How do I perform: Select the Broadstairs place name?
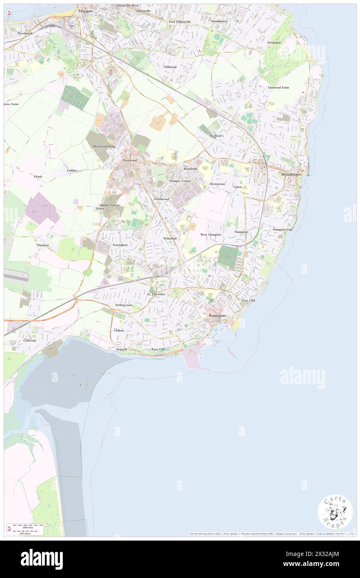(291, 174)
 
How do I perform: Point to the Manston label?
(43, 245)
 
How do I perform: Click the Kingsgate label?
(274, 42)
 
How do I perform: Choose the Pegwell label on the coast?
(121, 350)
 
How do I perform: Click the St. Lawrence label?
(156, 294)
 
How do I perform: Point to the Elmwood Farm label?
(279, 88)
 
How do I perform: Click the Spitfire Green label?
(109, 205)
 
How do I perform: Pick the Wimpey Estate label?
(180, 181)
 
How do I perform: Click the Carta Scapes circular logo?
(335, 511)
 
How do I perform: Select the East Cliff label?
(249, 300)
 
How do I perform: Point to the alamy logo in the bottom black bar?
(42, 559)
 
